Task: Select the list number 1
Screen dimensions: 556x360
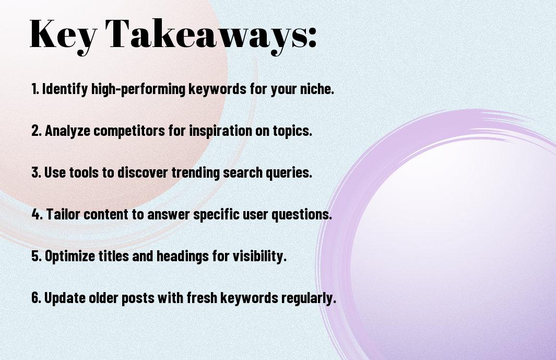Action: point(35,89)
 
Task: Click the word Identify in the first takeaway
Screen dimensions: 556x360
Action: point(65,89)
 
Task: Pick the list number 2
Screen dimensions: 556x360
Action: point(36,131)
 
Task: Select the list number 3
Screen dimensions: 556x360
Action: point(36,172)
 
